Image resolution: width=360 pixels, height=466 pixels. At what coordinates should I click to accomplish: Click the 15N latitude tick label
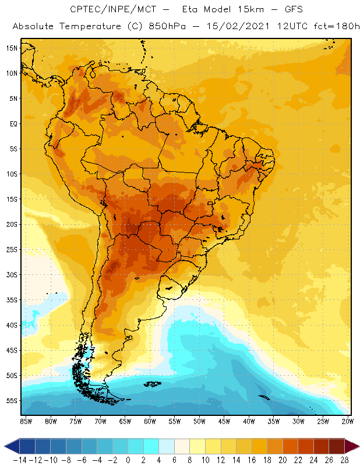11,48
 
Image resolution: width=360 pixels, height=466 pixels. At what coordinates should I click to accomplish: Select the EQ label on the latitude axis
12,123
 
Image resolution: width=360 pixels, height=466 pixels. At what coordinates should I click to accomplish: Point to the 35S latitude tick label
11,300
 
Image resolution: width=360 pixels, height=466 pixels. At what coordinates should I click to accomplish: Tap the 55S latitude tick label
11,401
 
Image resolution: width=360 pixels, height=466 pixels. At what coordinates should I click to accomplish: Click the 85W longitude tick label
26,421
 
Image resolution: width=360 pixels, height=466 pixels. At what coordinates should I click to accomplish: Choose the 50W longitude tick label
199,421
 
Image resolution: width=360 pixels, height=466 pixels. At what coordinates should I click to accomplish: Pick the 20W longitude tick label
348,421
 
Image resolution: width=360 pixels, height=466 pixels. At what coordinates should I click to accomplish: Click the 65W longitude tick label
125,421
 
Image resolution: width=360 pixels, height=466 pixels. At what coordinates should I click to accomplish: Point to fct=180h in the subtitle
336,27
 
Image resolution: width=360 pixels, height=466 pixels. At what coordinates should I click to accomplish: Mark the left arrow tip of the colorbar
5,446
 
